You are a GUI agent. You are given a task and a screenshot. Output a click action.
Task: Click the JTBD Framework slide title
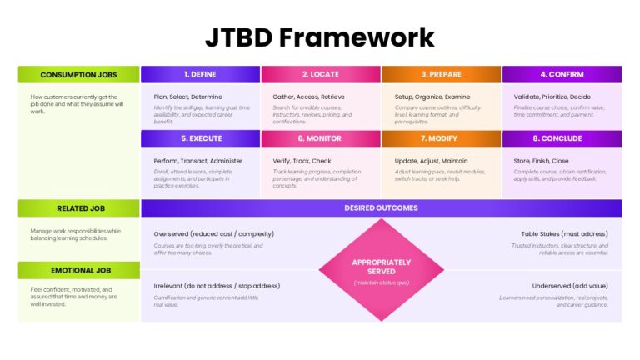(320, 37)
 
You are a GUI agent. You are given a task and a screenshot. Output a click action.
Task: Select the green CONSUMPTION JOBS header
(79, 75)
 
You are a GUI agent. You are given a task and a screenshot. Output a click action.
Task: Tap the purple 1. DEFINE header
(200, 75)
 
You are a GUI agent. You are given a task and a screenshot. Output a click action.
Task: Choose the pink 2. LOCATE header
(321, 75)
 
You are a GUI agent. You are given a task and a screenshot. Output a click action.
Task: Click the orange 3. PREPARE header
(442, 75)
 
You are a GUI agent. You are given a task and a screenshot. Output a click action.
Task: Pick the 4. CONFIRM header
(562, 75)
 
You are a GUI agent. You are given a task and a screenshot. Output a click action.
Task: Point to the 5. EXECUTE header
(200, 138)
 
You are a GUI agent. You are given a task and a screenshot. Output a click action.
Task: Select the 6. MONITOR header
(321, 138)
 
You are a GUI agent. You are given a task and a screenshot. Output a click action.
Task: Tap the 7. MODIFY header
(442, 138)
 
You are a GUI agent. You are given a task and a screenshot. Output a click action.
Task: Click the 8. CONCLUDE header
(562, 138)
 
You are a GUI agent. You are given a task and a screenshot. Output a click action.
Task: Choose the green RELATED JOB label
(79, 208)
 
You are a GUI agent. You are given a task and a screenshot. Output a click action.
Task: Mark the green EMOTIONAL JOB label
(79, 270)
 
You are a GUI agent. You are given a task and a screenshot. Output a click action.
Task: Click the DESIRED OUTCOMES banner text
(381, 208)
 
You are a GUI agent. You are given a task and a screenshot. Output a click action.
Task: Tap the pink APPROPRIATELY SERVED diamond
(381, 269)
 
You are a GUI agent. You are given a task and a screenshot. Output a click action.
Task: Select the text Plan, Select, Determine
(187, 97)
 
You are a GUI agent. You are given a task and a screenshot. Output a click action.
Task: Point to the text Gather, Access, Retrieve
(308, 97)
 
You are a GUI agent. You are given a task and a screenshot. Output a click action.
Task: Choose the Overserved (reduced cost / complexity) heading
(213, 234)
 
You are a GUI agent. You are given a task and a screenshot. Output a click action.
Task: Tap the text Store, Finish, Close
(542, 161)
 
